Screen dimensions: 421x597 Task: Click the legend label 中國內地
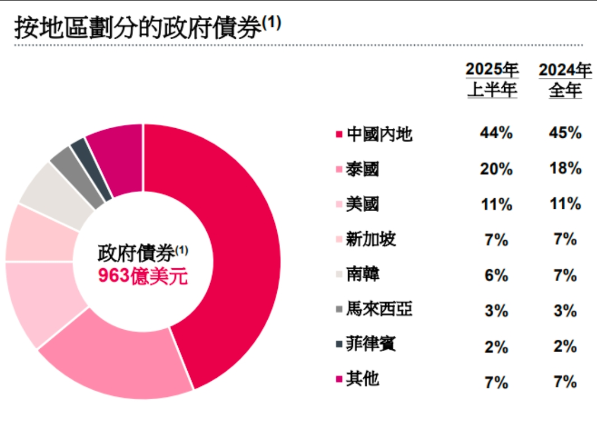click(380, 134)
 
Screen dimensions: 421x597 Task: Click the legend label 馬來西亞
click(380, 309)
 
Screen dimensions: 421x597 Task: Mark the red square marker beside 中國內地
click(339, 135)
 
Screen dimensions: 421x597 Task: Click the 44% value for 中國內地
click(496, 134)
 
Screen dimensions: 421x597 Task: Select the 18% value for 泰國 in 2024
click(565, 169)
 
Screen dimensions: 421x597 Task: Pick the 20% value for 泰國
click(496, 169)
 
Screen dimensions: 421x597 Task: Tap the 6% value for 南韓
click(496, 275)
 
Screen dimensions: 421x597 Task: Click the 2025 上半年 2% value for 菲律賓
click(496, 345)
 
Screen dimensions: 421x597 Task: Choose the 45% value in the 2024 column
click(565, 134)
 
